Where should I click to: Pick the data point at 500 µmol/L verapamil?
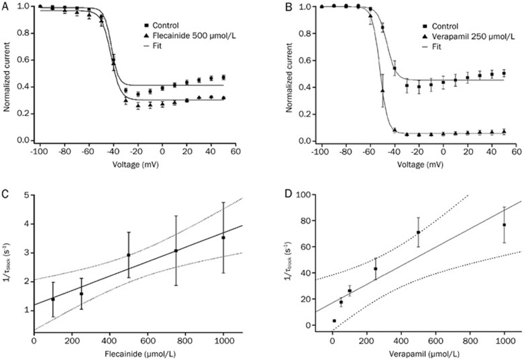418,233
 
